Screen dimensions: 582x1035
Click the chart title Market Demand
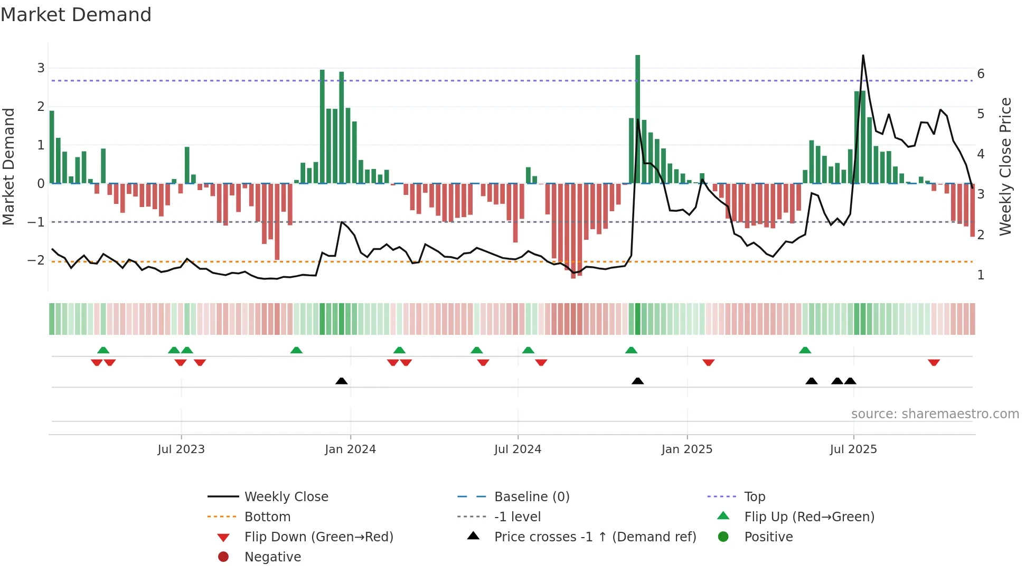(76, 15)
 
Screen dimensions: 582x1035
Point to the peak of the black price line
(863, 55)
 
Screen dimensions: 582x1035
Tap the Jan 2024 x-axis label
(350, 449)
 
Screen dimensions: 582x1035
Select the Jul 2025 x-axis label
(853, 449)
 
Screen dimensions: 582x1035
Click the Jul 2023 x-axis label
(181, 449)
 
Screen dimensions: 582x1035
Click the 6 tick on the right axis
(981, 74)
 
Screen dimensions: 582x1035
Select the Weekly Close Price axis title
(1005, 166)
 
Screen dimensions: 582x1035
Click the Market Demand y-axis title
(8, 166)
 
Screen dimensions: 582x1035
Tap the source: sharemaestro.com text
(935, 414)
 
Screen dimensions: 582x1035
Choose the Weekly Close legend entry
(286, 497)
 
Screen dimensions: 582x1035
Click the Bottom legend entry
(267, 517)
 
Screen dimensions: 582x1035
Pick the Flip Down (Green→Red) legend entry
(318, 537)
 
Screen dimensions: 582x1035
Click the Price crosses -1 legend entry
(595, 537)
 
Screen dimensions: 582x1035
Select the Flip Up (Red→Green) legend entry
(809, 517)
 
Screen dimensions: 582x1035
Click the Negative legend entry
(272, 557)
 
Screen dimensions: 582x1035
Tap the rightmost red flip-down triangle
(934, 362)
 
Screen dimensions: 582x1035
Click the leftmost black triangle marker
(342, 381)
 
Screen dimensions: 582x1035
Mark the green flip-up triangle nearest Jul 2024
(528, 350)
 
